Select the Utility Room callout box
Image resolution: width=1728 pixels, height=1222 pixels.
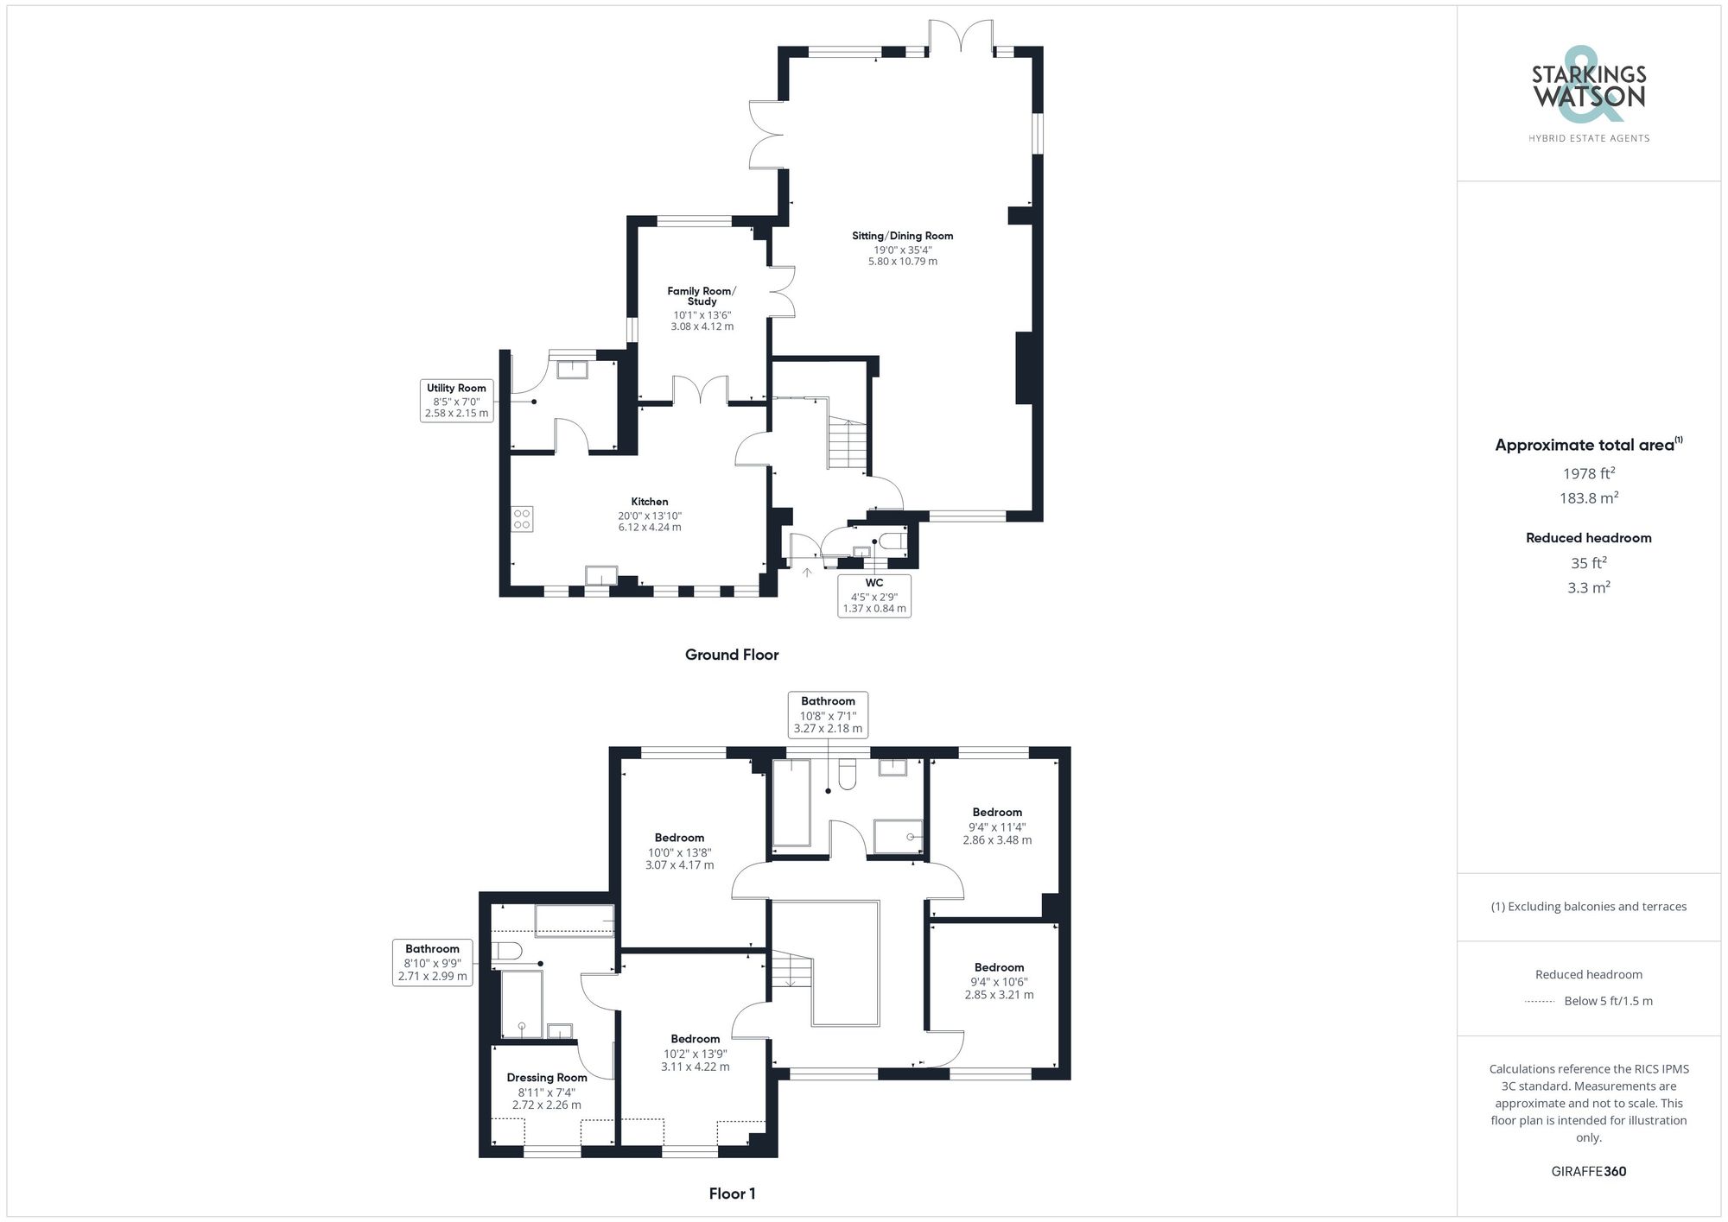coord(456,401)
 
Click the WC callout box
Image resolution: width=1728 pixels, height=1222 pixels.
coord(874,595)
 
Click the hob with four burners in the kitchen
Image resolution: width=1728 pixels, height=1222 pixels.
coord(522,519)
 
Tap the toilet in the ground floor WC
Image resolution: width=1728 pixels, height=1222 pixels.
coord(894,542)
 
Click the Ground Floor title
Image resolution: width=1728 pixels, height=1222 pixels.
coord(732,655)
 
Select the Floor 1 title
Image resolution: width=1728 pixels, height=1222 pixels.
coord(732,1194)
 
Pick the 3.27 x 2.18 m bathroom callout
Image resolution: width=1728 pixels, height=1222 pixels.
coord(828,714)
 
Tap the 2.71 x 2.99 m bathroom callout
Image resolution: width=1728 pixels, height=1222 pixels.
coord(432,962)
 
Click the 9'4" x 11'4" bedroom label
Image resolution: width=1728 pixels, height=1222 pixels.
coord(997,826)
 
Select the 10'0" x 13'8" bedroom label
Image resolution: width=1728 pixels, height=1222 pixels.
coord(679,851)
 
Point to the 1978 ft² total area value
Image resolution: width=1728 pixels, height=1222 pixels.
coord(1588,473)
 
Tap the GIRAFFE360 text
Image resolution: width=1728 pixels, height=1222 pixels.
coord(1588,1171)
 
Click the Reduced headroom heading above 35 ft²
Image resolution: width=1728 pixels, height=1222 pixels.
coord(1588,538)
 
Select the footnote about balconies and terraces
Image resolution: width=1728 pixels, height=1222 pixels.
coord(1588,907)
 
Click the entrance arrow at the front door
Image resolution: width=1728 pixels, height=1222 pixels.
coord(807,572)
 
